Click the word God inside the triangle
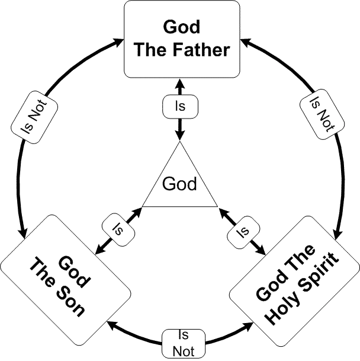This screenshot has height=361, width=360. point(179,184)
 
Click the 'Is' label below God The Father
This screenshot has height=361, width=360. point(180,107)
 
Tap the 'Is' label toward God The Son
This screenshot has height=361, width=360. point(118,226)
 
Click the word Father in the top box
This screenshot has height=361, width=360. point(201,50)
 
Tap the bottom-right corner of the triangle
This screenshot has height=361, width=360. point(220,206)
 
